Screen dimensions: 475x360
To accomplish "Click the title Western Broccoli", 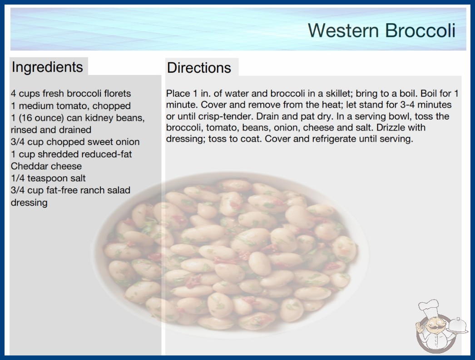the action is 382,30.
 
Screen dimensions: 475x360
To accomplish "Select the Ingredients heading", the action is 47,67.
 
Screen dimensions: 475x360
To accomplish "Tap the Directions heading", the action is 199,68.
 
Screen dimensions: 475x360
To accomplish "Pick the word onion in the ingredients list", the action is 126,142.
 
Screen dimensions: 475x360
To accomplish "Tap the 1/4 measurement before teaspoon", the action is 18,178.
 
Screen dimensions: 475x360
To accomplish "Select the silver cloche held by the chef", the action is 458,326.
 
